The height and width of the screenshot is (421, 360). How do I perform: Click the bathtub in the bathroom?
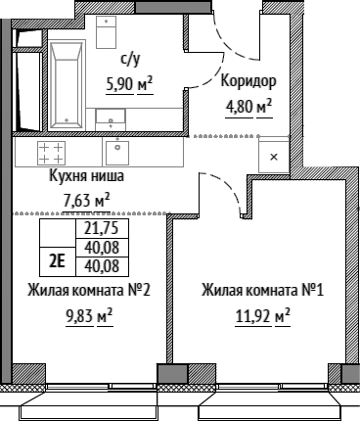click(x=67, y=85)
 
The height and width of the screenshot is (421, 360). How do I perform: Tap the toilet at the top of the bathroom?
click(x=107, y=32)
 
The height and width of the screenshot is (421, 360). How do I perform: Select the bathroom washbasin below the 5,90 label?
click(x=111, y=119)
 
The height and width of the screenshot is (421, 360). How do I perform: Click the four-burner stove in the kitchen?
click(x=51, y=153)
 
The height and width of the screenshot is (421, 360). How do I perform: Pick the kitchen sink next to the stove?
click(x=117, y=152)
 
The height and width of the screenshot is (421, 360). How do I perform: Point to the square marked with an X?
click(x=274, y=157)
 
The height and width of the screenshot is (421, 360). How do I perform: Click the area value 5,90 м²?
click(x=129, y=84)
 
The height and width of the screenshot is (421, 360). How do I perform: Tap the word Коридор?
click(x=248, y=81)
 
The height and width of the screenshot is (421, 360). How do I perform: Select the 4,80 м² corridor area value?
click(x=248, y=108)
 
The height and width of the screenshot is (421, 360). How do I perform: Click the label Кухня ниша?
click(x=87, y=175)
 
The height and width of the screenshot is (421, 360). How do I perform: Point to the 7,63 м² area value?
click(x=86, y=200)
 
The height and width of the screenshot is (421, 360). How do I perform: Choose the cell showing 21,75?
click(x=102, y=228)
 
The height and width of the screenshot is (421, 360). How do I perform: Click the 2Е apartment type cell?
click(x=57, y=261)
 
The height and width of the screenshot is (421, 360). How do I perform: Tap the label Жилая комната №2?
click(x=89, y=290)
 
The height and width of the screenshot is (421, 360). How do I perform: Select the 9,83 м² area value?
click(x=89, y=317)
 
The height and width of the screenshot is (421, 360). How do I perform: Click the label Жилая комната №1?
click(x=263, y=290)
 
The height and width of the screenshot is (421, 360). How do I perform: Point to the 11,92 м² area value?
click(x=263, y=317)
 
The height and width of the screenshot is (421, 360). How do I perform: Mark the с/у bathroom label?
click(x=130, y=60)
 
